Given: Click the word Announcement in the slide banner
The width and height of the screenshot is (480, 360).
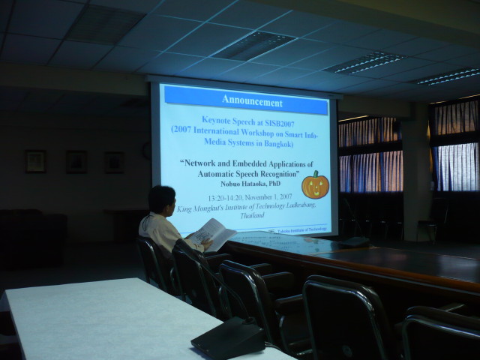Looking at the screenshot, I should (252, 101).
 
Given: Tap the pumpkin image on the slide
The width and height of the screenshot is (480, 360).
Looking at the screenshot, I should (315, 185).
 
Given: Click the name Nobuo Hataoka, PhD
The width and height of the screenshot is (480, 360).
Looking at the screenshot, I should (247, 182).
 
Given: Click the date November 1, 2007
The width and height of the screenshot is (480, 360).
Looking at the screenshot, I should (265, 197).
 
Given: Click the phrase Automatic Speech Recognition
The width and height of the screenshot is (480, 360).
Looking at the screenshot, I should (247, 172).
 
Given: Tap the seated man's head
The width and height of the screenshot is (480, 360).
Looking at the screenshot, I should (162, 199).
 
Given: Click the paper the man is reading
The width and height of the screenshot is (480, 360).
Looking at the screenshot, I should (212, 235).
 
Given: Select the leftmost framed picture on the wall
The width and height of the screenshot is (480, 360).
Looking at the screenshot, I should (35, 161).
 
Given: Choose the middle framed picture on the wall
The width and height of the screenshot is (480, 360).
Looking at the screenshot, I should (76, 162).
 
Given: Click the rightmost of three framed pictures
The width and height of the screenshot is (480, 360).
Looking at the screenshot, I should (114, 163).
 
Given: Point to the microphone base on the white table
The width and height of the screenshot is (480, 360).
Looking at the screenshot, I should (229, 338).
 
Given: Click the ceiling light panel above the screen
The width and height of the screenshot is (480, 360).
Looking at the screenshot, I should (255, 46).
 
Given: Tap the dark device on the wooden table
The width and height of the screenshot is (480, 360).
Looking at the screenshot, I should (353, 241).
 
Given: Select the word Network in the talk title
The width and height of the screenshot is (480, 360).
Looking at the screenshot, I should (208, 163).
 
